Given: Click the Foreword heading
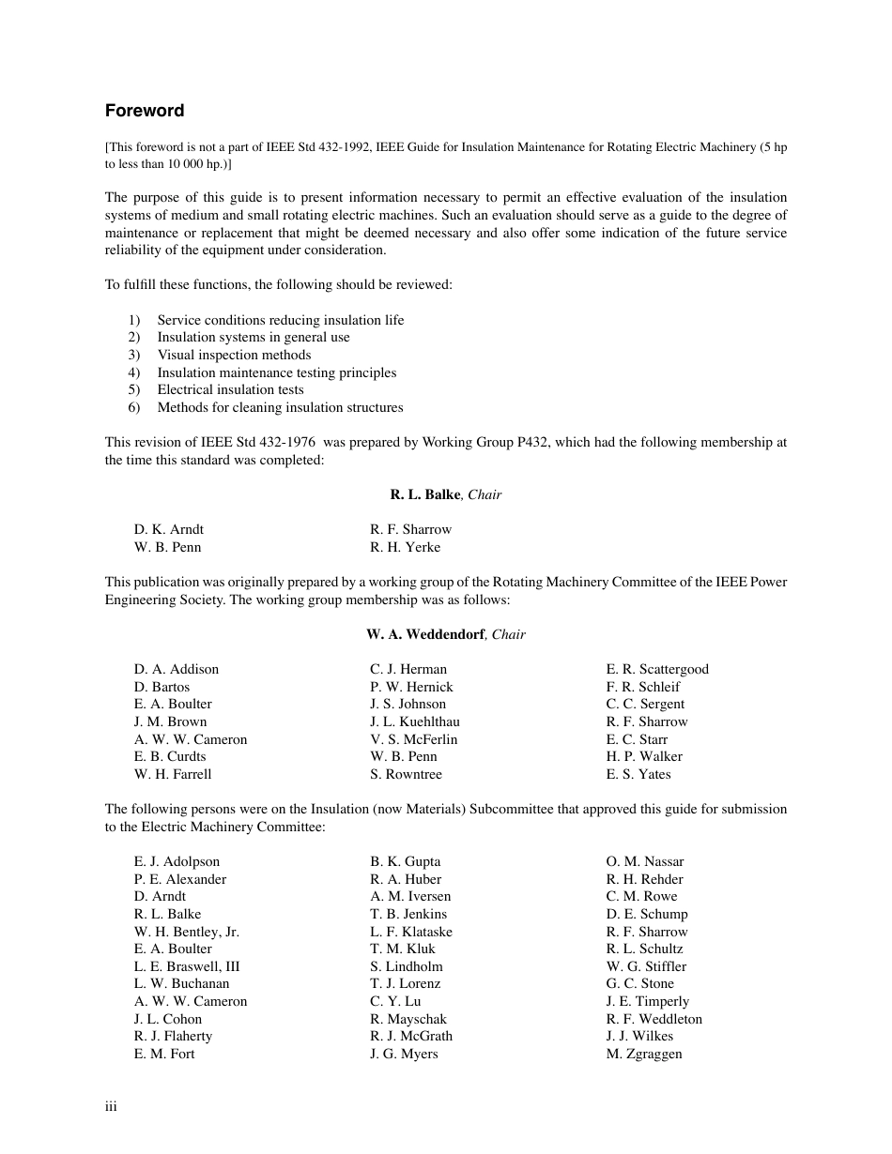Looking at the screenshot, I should point(145,111).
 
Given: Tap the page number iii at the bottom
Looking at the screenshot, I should point(111,1107).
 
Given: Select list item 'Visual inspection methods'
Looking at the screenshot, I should point(234,355).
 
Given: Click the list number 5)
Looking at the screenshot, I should point(134,389).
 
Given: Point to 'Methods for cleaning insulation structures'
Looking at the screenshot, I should point(280,407).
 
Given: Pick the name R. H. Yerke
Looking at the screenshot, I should point(405,547).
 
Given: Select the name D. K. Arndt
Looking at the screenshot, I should point(169,529).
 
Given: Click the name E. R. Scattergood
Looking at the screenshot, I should point(657,669).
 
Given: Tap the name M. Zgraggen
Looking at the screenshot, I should point(644,1054).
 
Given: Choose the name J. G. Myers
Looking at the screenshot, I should point(404,1054).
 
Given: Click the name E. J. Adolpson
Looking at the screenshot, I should point(177,861).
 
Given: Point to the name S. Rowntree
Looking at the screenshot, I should point(406,774).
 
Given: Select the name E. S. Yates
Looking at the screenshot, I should point(638,774).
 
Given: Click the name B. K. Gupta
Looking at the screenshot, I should point(405,861).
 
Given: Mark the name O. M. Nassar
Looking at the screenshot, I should point(645,861).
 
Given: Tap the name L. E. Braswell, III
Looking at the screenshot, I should point(187,966).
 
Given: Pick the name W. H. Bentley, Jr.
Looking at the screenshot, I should point(187,932).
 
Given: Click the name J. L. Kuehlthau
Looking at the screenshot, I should point(415,721).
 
